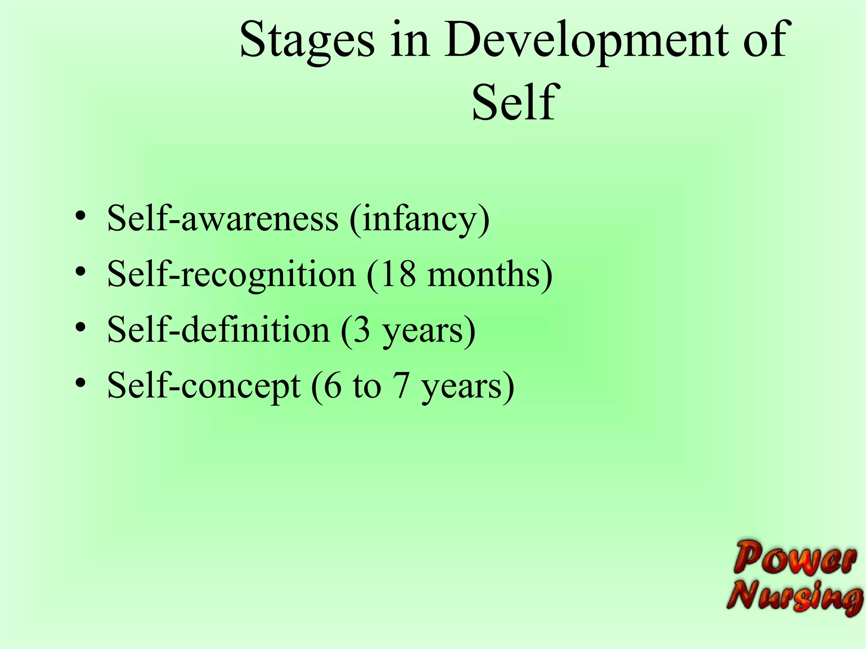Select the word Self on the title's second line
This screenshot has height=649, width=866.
513,102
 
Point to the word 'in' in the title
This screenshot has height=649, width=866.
409,40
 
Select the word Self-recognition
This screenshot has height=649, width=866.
231,275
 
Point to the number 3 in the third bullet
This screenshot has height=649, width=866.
362,330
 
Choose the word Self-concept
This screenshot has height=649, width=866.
204,386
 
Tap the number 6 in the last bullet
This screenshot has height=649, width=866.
332,385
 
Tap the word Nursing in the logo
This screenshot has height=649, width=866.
795,597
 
